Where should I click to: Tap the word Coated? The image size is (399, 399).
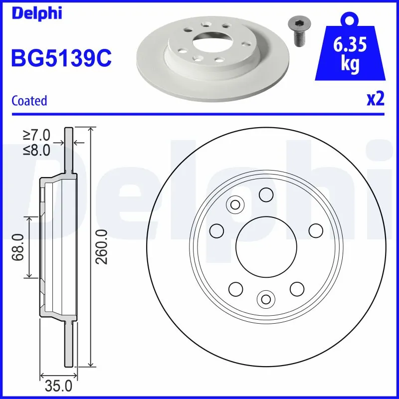click(x=29, y=101)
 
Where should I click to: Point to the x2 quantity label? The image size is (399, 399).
click(x=376, y=99)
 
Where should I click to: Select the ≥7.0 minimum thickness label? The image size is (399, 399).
click(x=36, y=135)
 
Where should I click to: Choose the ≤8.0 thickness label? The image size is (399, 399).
click(x=36, y=150)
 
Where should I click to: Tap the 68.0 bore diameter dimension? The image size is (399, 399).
click(x=19, y=247)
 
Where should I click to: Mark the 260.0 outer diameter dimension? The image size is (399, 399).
click(x=102, y=247)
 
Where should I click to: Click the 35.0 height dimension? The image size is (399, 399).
click(x=58, y=386)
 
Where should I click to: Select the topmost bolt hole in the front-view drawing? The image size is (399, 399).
click(x=266, y=195)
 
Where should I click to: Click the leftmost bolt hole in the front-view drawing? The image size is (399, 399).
click(x=216, y=230)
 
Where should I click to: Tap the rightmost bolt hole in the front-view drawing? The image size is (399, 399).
click(x=315, y=230)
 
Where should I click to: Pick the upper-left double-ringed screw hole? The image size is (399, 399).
click(x=234, y=204)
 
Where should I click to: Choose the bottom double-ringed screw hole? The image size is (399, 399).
click(x=265, y=299)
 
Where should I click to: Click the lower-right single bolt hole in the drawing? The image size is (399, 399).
click(x=297, y=288)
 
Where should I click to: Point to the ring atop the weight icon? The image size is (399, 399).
click(x=350, y=19)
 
